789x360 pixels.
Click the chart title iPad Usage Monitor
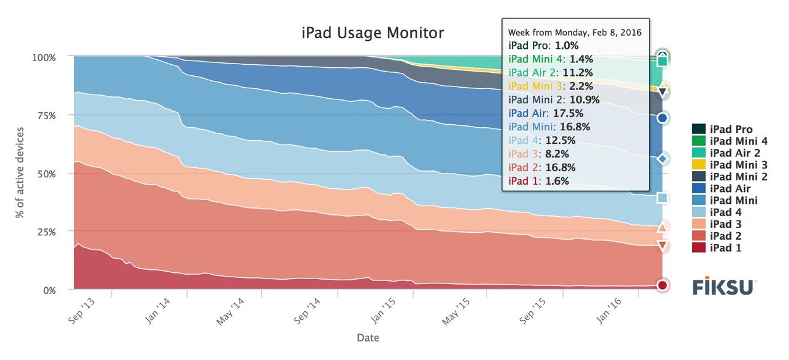pos(372,33)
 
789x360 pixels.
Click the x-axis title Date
pos(368,338)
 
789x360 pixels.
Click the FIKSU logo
pos(724,287)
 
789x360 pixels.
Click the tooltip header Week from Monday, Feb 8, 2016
pos(575,32)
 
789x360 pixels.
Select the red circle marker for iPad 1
pos(662,285)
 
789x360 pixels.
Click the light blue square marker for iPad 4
pos(662,198)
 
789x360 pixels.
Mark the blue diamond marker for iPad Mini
pos(662,159)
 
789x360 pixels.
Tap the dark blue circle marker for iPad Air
pos(662,118)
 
